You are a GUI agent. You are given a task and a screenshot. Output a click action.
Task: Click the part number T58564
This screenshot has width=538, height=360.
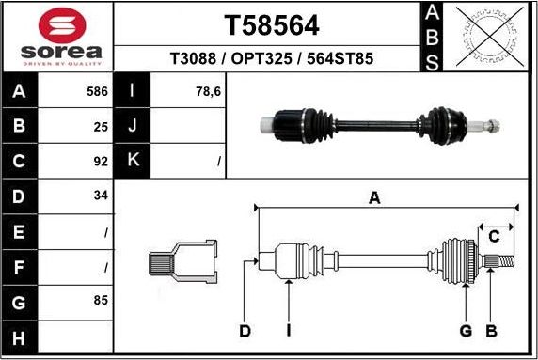click(x=271, y=24)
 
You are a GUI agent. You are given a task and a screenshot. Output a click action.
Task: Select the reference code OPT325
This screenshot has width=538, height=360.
click(x=271, y=59)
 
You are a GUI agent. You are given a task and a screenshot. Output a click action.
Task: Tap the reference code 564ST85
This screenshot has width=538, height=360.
click(x=342, y=59)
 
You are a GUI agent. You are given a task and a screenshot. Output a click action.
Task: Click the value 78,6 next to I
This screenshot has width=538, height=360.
click(x=206, y=92)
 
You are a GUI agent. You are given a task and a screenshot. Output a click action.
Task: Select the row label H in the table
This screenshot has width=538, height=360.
click(x=20, y=337)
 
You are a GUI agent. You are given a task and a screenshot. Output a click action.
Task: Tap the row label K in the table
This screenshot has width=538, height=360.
click(x=133, y=161)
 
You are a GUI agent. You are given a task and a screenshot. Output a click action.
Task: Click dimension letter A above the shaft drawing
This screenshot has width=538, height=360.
click(x=374, y=197)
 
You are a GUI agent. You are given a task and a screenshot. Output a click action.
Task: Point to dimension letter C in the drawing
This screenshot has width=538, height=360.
click(x=492, y=237)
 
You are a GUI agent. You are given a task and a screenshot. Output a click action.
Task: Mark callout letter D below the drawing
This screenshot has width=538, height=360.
click(x=245, y=330)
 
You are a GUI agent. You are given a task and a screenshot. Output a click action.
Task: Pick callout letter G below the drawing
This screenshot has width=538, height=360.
click(x=465, y=330)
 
